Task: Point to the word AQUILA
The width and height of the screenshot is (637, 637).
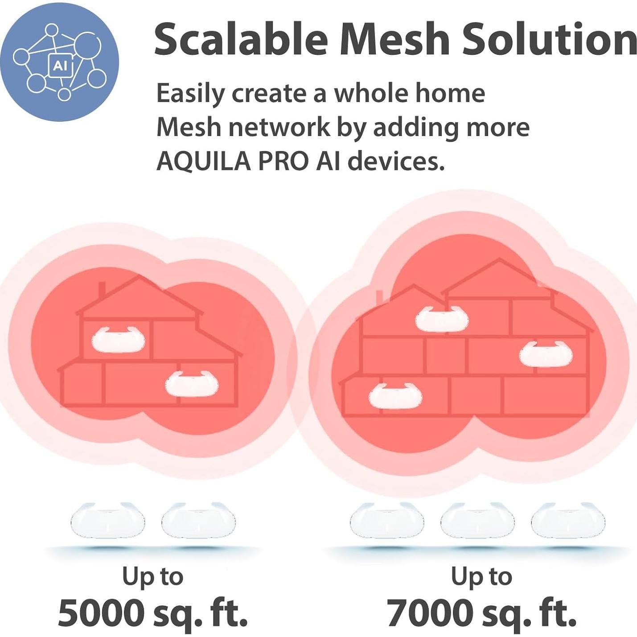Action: [x=203, y=161]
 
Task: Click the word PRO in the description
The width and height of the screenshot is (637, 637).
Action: [x=284, y=161]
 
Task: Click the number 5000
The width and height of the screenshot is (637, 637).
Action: [x=101, y=613]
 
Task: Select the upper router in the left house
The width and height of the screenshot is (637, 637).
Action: [x=118, y=340]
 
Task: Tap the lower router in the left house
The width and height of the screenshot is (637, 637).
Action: [x=192, y=383]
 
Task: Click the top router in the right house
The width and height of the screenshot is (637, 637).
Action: [x=442, y=319]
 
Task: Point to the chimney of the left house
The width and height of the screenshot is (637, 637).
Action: [x=102, y=290]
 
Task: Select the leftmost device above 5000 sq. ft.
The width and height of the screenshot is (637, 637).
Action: [x=108, y=521]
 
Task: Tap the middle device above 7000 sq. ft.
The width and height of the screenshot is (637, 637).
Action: [x=477, y=521]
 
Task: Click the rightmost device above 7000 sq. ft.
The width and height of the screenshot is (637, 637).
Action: [x=568, y=521]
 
